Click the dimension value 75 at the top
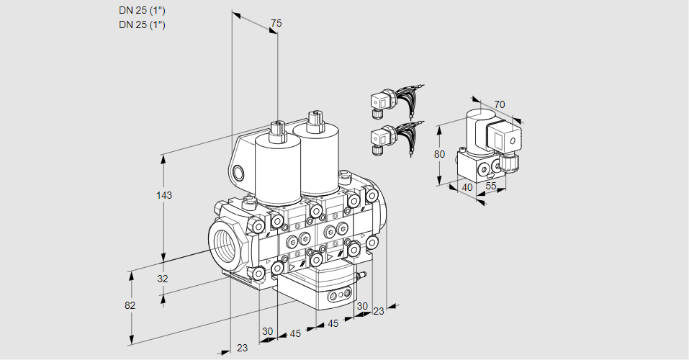click(275, 24)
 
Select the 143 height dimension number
click(165, 195)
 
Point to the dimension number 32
click(163, 279)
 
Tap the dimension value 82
click(130, 305)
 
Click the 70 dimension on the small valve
click(500, 104)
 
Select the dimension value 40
click(467, 187)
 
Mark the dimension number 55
click(492, 187)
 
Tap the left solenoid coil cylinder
click(277, 169)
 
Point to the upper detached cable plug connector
click(382, 101)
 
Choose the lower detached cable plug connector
click(382, 137)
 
